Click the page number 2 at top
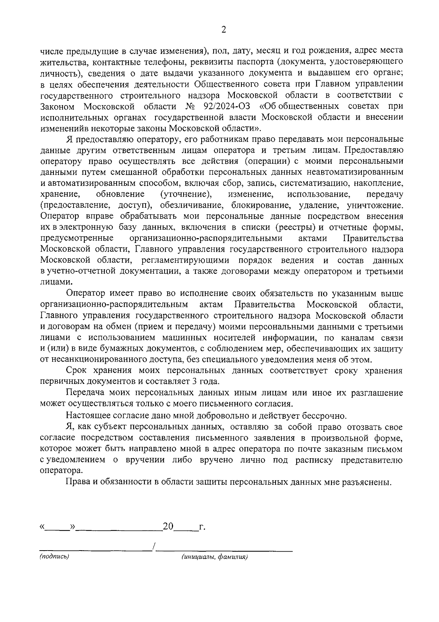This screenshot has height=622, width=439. coord(224,29)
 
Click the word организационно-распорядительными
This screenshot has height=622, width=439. coord(206,238)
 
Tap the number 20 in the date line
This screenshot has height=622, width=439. coord(168,527)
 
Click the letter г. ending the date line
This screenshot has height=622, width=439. coord(202,527)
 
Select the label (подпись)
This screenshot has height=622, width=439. coord(54,556)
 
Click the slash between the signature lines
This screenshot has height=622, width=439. coord(154,547)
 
